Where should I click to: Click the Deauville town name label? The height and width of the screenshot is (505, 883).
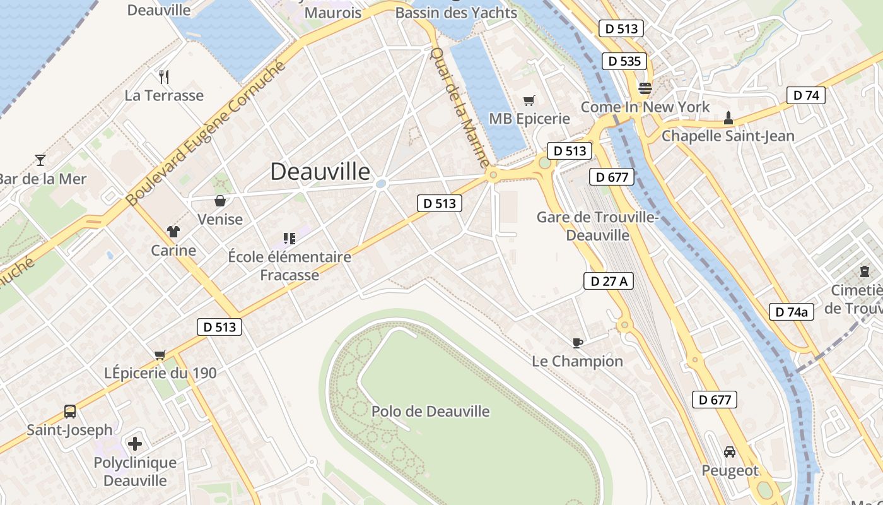pyautogui.click(x=320, y=172)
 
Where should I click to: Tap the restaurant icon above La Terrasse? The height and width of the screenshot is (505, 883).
pyautogui.click(x=164, y=77)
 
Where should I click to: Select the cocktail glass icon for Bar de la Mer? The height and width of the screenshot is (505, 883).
pyautogui.click(x=40, y=160)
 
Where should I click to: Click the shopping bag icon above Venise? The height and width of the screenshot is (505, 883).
pyautogui.click(x=220, y=201)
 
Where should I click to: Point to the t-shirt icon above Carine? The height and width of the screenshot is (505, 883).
pyautogui.click(x=173, y=232)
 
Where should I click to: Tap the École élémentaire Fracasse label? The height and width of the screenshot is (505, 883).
pyautogui.click(x=289, y=266)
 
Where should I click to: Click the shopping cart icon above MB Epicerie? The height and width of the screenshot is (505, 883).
pyautogui.click(x=529, y=100)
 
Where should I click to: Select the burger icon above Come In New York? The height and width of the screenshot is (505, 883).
pyautogui.click(x=645, y=88)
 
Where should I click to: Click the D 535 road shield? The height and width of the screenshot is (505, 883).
pyautogui.click(x=624, y=61)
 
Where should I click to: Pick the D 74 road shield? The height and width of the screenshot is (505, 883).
pyautogui.click(x=805, y=95)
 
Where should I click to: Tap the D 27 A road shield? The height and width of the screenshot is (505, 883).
pyautogui.click(x=608, y=281)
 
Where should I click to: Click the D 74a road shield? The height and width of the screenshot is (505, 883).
pyautogui.click(x=792, y=311)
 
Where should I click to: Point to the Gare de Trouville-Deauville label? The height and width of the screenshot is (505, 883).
pyautogui.click(x=597, y=226)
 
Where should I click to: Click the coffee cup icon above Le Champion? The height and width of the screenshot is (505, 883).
pyautogui.click(x=577, y=343)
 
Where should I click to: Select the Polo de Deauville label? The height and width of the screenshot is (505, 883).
pyautogui.click(x=430, y=412)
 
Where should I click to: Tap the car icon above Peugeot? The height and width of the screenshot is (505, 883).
pyautogui.click(x=730, y=452)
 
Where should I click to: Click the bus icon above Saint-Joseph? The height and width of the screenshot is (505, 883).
pyautogui.click(x=70, y=412)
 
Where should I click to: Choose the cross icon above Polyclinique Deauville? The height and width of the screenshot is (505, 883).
pyautogui.click(x=135, y=444)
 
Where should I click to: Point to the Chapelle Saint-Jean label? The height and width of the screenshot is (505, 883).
pyautogui.click(x=728, y=136)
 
